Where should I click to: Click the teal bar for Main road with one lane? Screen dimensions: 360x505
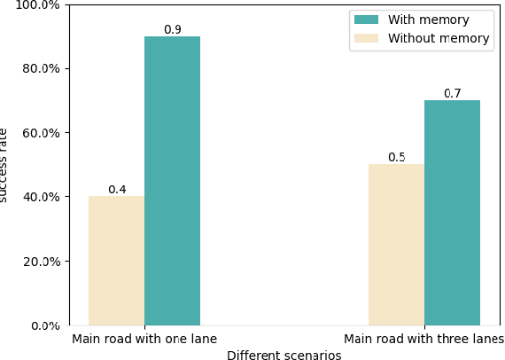point(172,181)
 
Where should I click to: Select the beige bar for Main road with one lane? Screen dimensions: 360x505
point(116,261)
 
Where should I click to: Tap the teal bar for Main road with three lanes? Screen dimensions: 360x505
point(452,213)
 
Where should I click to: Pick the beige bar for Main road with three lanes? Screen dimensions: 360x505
point(396,245)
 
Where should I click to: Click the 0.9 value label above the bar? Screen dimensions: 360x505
point(172,30)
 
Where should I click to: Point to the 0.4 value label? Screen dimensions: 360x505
point(117,190)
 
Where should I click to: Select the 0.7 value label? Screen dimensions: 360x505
point(452,94)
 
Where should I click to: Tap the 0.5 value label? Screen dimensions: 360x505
point(396,158)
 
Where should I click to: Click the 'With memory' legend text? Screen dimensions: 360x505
point(428,20)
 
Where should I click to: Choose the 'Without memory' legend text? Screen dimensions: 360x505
point(439,39)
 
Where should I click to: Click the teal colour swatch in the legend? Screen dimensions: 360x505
point(366,20)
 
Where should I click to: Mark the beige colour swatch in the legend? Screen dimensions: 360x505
point(366,39)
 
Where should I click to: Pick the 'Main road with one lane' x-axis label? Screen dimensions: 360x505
point(144,340)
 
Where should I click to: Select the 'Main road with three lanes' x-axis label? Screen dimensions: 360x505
point(423,340)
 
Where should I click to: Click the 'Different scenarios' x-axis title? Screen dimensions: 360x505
point(284,355)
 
